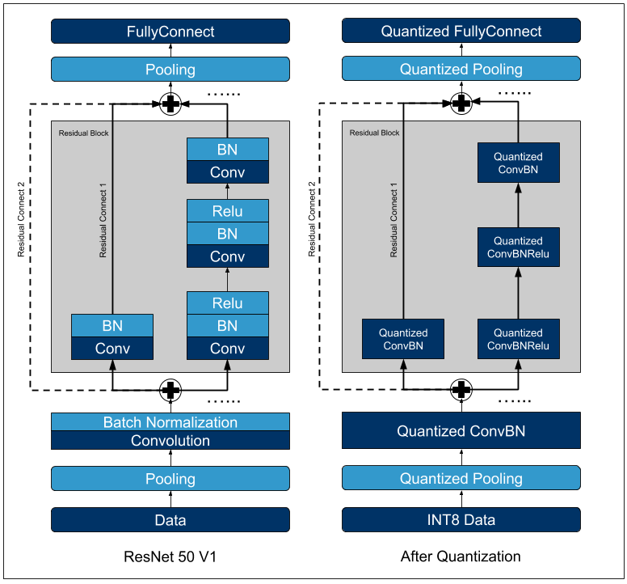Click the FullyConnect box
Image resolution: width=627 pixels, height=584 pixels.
(170, 32)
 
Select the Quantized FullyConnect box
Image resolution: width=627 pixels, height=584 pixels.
(461, 32)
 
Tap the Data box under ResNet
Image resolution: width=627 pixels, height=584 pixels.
(170, 520)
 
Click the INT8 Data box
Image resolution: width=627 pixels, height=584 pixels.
(461, 520)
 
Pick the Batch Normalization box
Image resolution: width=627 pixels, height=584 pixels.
(170, 422)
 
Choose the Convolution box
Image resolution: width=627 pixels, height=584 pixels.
(170, 441)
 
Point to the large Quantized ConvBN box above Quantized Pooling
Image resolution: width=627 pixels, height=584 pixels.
(461, 431)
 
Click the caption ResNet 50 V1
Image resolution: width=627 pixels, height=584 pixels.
(170, 556)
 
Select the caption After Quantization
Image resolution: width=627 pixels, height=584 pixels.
(461, 556)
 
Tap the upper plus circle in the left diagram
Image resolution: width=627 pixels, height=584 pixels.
(170, 104)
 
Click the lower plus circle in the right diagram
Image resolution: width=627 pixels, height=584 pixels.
(461, 390)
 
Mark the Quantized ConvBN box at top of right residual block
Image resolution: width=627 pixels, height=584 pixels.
(518, 163)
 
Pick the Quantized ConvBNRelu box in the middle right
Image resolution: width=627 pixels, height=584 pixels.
(518, 248)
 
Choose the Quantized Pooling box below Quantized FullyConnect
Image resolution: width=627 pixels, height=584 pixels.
(461, 70)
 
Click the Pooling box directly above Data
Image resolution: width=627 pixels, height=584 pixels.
(170, 479)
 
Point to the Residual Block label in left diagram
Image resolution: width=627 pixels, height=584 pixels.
(83, 133)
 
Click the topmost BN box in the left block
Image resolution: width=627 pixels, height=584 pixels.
(228, 149)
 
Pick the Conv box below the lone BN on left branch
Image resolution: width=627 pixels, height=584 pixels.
(113, 349)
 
